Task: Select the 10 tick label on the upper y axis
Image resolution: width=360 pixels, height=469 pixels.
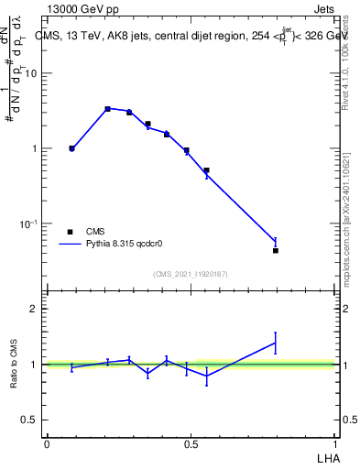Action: click(x=31, y=73)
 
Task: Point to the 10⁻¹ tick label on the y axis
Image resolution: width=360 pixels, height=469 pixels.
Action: click(x=29, y=224)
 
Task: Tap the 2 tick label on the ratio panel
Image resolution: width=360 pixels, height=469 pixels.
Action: click(x=35, y=309)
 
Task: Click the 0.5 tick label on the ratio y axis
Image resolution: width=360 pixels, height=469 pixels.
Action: click(x=30, y=420)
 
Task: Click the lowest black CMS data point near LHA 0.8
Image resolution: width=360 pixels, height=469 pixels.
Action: click(x=276, y=250)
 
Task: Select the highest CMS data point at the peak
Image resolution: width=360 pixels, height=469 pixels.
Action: click(x=107, y=109)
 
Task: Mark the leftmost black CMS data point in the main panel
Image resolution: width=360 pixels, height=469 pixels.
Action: click(x=71, y=147)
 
